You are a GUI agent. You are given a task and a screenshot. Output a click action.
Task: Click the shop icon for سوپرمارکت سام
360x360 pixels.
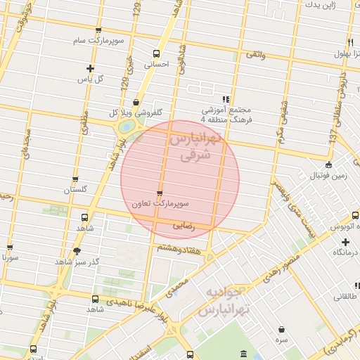(x=98, y=30)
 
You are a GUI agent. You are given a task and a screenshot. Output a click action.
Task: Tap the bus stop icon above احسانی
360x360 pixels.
(x=155, y=53)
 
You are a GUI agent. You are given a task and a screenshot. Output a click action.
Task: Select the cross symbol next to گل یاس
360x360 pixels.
(x=90, y=68)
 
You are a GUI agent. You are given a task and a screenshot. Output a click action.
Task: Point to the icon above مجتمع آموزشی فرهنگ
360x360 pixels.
(x=226, y=99)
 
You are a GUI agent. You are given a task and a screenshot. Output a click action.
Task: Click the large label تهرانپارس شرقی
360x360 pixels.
(x=194, y=148)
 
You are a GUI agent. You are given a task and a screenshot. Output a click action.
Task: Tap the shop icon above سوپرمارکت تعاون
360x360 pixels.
(x=160, y=193)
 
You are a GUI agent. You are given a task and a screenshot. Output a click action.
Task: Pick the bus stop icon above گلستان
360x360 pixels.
(x=86, y=179)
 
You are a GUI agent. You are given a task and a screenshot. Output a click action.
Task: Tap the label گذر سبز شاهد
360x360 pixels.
(x=77, y=262)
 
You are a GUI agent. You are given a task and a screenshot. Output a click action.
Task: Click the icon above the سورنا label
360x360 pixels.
(x=10, y=247)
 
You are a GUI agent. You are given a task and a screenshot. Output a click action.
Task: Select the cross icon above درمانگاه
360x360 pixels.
(x=345, y=242)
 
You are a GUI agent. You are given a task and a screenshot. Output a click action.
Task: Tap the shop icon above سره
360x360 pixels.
(x=281, y=329)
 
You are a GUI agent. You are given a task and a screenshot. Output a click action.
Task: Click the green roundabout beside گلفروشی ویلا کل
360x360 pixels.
(x=127, y=127)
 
